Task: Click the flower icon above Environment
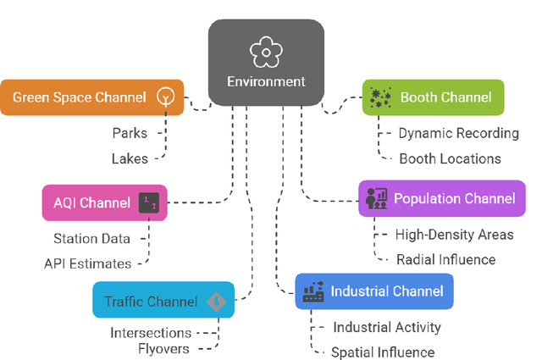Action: [x=266, y=52]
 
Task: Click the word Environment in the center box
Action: [x=266, y=83]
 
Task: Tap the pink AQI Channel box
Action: [x=104, y=203]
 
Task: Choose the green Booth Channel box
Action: [x=433, y=97]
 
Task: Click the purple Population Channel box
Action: [x=437, y=198]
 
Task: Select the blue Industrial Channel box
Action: [x=373, y=291]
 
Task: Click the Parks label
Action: [x=130, y=133]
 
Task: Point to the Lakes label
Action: [x=129, y=158]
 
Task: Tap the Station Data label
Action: [x=92, y=239]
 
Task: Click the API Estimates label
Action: [x=88, y=263]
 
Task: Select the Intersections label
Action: [x=150, y=333]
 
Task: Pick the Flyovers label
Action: [x=164, y=347]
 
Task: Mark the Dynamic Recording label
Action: [x=458, y=133]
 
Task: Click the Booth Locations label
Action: [x=450, y=158]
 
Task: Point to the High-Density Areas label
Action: [x=455, y=235]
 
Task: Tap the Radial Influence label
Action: [x=445, y=259]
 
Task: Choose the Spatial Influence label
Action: [x=382, y=352]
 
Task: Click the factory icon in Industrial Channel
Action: [x=314, y=291]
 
